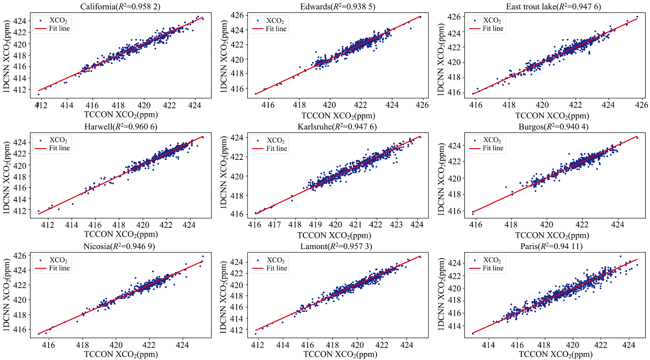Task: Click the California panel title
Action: [x=120, y=7]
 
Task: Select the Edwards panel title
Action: [x=338, y=7]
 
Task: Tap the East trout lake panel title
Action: [x=553, y=7]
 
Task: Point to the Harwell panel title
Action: [x=120, y=126]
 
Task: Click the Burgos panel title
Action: [x=553, y=126]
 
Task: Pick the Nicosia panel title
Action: [x=119, y=246]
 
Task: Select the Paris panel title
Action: [x=553, y=246]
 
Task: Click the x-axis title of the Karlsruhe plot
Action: [x=334, y=235]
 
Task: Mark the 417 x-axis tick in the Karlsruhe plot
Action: [x=274, y=225]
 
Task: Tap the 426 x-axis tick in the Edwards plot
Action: [x=422, y=105]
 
